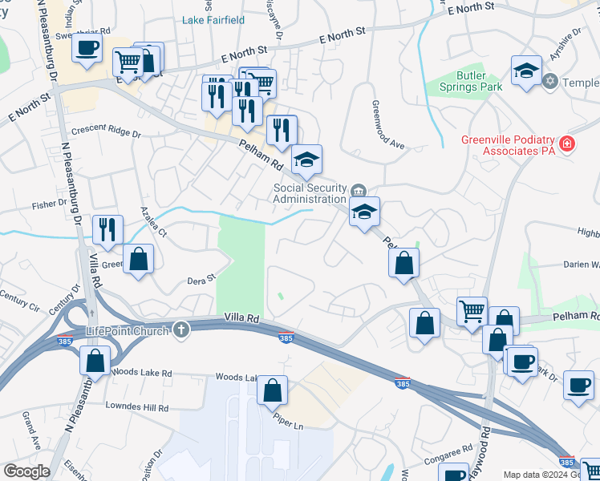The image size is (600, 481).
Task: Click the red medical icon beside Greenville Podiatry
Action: click(567, 144)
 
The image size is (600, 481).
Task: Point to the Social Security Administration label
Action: click(310, 193)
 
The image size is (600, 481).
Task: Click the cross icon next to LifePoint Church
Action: click(182, 329)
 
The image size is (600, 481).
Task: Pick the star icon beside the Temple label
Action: click(550, 81)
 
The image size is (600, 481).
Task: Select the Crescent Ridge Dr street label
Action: click(106, 131)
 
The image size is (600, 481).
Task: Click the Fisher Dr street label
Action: click(50, 204)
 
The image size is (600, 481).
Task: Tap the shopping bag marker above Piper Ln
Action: click(273, 390)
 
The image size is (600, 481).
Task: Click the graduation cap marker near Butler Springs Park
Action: click(526, 70)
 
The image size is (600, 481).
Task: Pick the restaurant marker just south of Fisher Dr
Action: click(107, 229)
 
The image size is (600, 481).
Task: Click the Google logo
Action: click(26, 471)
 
